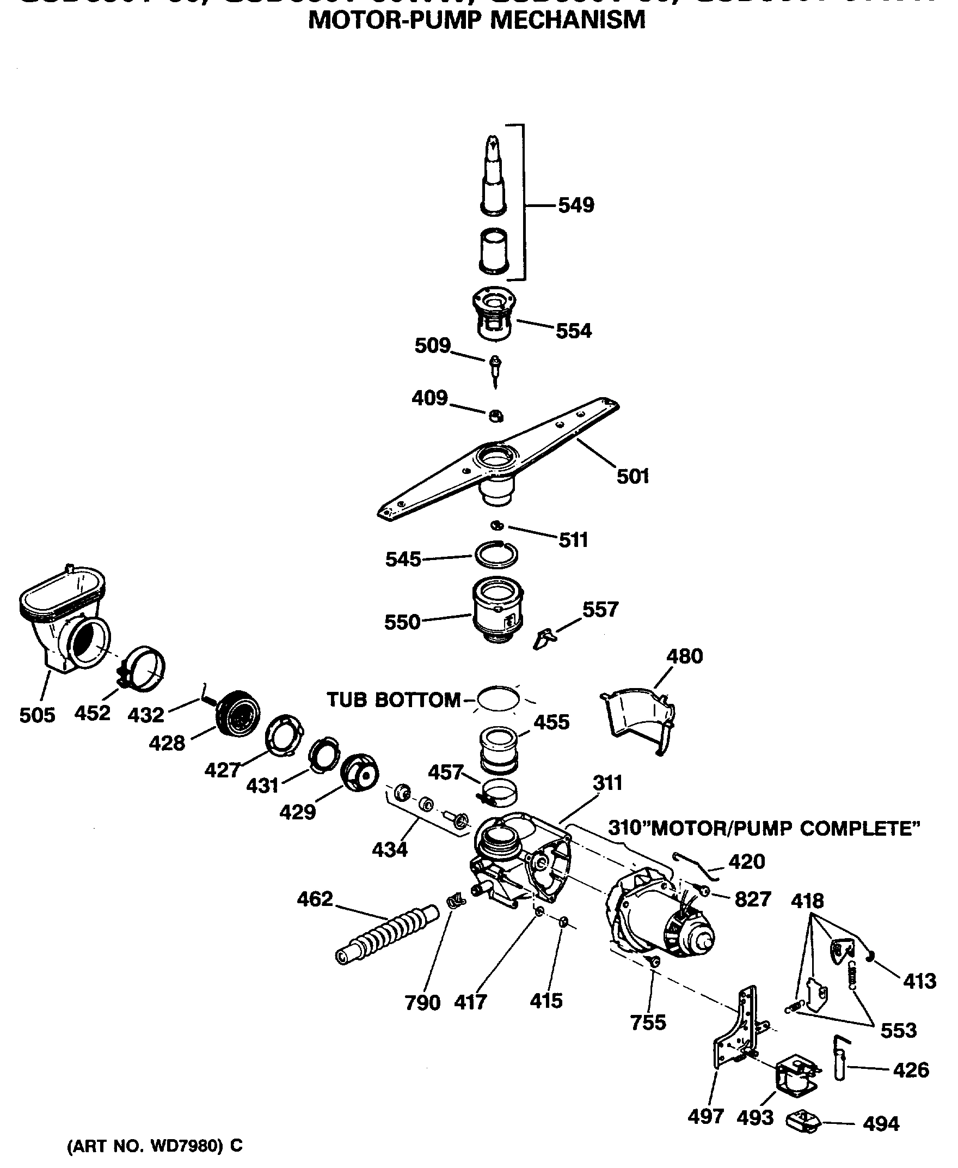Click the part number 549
(x=575, y=205)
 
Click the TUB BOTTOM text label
(x=393, y=700)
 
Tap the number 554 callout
(x=573, y=331)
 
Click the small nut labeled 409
(x=495, y=416)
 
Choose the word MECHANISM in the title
(x=568, y=21)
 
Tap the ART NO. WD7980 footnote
(x=155, y=1146)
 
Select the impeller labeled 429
(x=359, y=773)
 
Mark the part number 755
(x=648, y=1023)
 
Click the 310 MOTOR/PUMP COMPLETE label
(x=764, y=829)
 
